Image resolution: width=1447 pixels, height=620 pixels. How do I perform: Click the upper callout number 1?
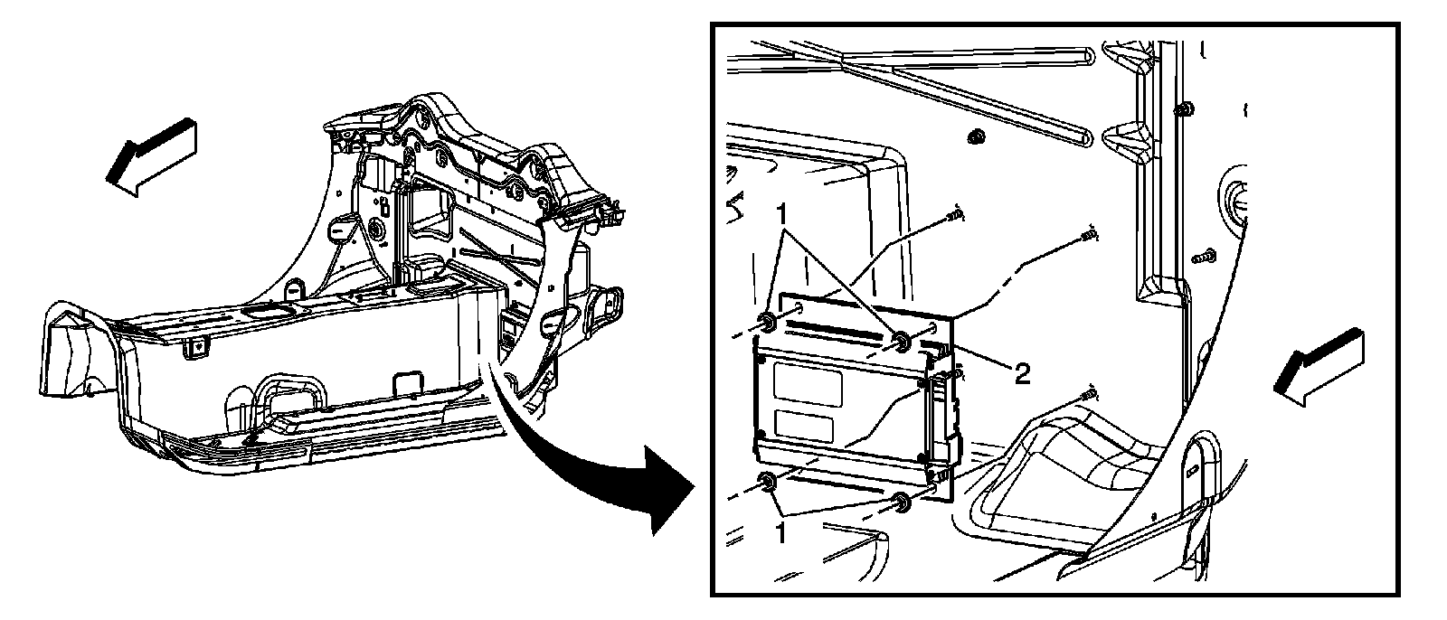tap(782, 217)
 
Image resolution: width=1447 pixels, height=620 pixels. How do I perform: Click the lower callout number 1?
tap(780, 533)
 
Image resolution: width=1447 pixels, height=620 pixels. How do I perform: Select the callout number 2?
tap(1021, 373)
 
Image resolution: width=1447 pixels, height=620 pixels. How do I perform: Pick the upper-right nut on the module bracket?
tap(902, 341)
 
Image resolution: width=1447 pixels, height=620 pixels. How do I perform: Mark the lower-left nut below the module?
tap(766, 484)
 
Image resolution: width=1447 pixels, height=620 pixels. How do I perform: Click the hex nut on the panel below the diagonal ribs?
tap(975, 136)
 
